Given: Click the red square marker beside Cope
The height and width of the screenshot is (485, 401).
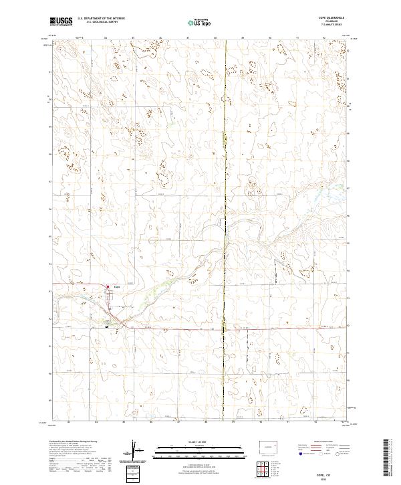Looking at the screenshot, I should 109,288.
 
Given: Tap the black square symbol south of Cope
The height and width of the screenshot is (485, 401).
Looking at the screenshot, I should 107,326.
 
